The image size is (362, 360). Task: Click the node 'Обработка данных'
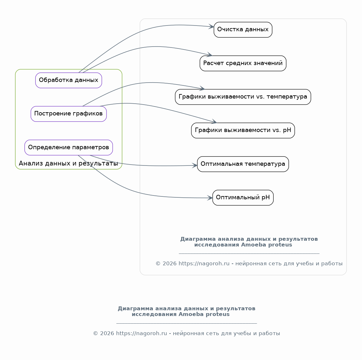click(69, 80)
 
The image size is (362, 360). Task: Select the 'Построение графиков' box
click(69, 114)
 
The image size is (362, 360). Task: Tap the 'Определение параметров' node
click(69, 147)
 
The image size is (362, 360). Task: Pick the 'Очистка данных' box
click(243, 30)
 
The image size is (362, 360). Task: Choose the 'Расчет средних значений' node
click(243, 63)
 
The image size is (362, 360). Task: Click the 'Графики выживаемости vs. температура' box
click(243, 97)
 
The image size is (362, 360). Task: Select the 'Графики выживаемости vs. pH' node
click(243, 130)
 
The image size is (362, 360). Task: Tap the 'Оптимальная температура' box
click(243, 164)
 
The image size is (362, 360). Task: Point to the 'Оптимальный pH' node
click(243, 198)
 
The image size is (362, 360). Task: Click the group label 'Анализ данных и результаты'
click(68, 163)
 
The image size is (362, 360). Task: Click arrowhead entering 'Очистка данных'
click(211, 26)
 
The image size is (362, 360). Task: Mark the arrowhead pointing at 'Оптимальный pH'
click(210, 198)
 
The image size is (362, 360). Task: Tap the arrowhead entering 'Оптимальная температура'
click(195, 165)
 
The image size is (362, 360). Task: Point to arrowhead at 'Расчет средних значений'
click(210, 55)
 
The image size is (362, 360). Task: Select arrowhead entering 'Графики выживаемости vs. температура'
click(202, 88)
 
